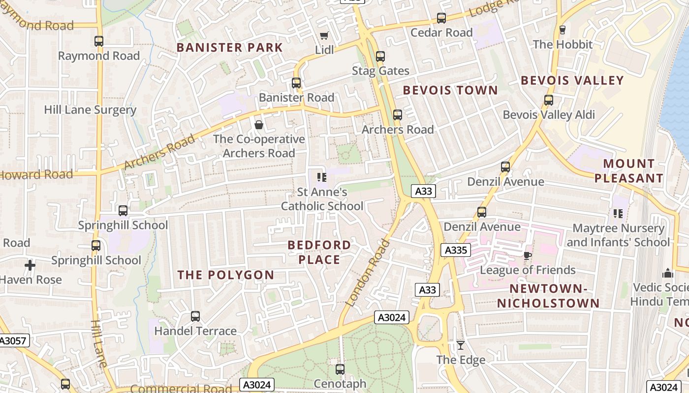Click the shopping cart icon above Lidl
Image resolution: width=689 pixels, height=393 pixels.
(324, 35)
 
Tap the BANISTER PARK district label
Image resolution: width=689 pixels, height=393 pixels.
(229, 48)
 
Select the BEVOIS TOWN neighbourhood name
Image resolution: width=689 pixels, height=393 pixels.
(450, 90)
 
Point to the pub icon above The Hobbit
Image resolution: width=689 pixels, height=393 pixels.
(563, 30)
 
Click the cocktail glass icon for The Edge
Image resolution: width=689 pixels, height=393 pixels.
(461, 345)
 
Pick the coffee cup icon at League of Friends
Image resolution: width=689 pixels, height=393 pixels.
(528, 255)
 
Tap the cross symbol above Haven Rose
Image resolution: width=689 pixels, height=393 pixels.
(30, 266)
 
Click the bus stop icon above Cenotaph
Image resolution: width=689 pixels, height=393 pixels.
(340, 369)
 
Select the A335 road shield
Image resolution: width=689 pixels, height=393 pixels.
(455, 250)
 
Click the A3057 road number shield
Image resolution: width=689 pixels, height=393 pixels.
(14, 340)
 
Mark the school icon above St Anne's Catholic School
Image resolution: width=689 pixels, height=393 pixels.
(322, 177)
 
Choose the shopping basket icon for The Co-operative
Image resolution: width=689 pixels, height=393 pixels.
(259, 125)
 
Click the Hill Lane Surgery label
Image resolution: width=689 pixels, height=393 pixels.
(90, 110)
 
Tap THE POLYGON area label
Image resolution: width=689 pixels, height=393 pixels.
(225, 275)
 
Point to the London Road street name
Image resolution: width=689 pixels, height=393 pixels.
(368, 273)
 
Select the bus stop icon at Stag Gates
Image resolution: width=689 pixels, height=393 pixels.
(380, 56)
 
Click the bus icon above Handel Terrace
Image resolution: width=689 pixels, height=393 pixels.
(195, 316)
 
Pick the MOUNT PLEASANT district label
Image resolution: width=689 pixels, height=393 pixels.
(628, 170)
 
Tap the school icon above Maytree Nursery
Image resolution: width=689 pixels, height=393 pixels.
(618, 214)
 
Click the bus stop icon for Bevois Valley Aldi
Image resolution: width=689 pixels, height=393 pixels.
(549, 100)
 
